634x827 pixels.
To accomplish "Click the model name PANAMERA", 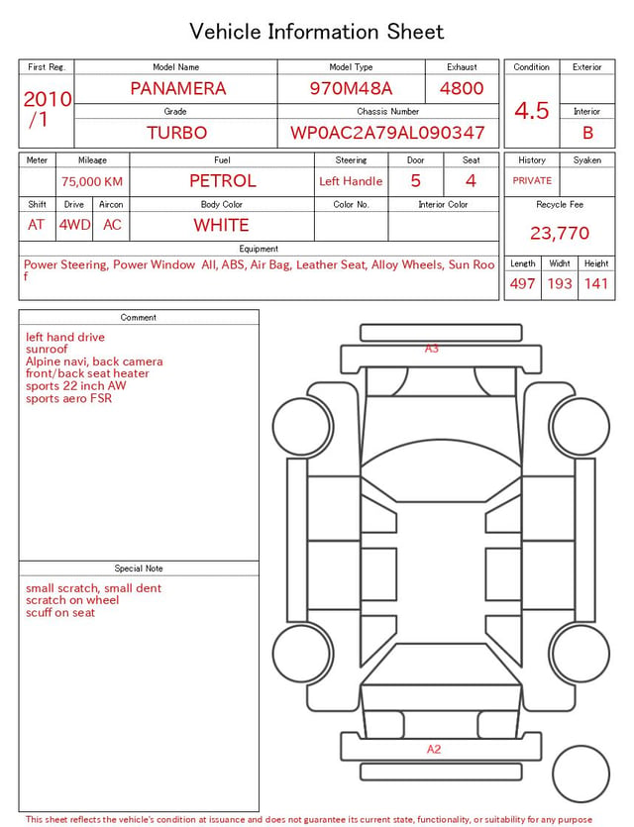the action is [178, 88].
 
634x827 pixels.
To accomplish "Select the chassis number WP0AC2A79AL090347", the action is [387, 133].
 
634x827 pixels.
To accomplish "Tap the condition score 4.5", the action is [532, 111].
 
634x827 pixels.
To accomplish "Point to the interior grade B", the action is [587, 133].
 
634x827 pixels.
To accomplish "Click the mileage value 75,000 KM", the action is [92, 182].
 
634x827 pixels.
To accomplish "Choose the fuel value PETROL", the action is [223, 181].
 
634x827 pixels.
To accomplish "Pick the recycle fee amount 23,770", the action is [560, 233].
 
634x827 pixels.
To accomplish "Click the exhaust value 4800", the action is [462, 88].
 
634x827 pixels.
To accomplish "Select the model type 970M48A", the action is [351, 88].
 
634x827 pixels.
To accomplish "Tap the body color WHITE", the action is [221, 225].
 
